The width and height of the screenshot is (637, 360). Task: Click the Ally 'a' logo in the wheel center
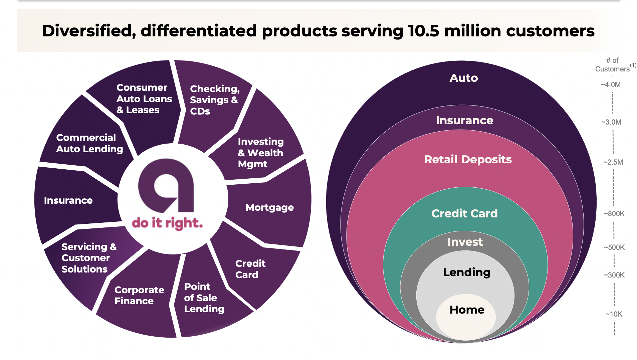pyautogui.click(x=166, y=186)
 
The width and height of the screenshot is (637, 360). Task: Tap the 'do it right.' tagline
pyautogui.click(x=167, y=223)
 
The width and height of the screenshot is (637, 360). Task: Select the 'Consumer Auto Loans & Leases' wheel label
pyautogui.click(x=144, y=99)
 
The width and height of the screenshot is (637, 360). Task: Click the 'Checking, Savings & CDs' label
pyautogui.click(x=214, y=100)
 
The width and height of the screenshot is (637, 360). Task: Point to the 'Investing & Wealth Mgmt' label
pyautogui.click(x=260, y=153)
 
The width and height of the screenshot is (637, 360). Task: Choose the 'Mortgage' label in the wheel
pyautogui.click(x=269, y=207)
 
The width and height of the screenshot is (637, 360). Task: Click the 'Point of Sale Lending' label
pyautogui.click(x=204, y=298)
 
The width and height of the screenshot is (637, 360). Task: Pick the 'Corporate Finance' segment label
pyautogui.click(x=139, y=295)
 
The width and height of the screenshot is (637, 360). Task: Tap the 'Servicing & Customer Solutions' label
pyautogui.click(x=89, y=258)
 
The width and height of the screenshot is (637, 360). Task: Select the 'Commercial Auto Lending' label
pyautogui.click(x=89, y=143)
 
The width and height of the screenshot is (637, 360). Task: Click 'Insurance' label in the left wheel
pyautogui.click(x=68, y=200)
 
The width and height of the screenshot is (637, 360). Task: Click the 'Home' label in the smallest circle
pyautogui.click(x=467, y=310)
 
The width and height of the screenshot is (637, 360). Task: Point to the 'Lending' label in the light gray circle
pyautogui.click(x=466, y=272)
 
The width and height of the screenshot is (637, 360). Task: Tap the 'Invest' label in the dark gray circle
pyautogui.click(x=465, y=242)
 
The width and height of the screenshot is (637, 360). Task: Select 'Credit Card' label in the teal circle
pyautogui.click(x=464, y=213)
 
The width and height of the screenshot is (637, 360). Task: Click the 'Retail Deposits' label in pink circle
pyautogui.click(x=467, y=159)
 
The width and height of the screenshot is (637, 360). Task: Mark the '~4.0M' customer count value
pyautogui.click(x=610, y=85)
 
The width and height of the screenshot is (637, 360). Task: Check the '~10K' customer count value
pyautogui.click(x=614, y=314)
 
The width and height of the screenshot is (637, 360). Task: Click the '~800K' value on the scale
pyautogui.click(x=614, y=214)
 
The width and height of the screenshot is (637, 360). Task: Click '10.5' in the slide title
pyautogui.click(x=423, y=31)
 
